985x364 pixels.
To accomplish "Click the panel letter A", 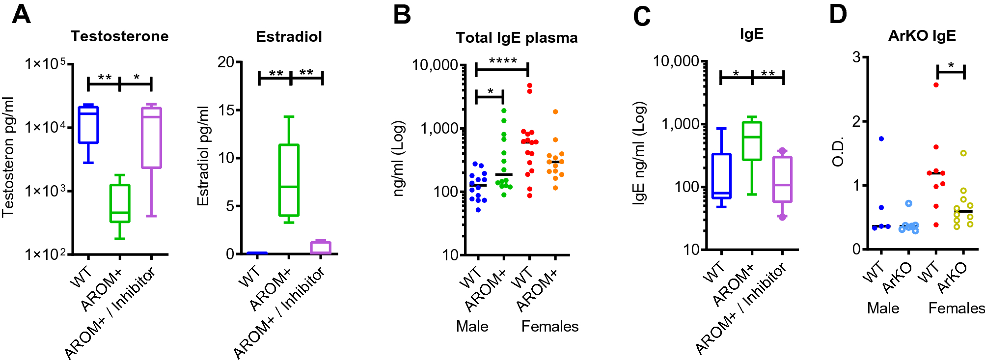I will (x=21, y=14).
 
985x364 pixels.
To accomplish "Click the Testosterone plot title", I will (x=119, y=36).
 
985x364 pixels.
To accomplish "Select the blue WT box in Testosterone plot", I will (x=88, y=125).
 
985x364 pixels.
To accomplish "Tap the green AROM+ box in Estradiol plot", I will (x=289, y=180).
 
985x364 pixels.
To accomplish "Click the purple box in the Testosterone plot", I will (x=151, y=138).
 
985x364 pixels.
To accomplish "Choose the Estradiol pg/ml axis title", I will (x=203, y=156).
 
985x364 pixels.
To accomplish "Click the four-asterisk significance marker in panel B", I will (x=502, y=61).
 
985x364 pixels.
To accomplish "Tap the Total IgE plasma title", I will (x=517, y=38).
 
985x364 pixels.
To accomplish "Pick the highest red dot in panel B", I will (x=530, y=86).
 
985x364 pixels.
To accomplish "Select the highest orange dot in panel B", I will (x=555, y=112).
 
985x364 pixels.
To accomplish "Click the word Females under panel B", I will (x=549, y=327).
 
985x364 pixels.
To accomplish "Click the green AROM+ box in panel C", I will (x=752, y=141).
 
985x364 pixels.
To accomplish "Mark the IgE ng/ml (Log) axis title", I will (x=639, y=153).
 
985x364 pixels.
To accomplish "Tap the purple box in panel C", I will (x=782, y=179).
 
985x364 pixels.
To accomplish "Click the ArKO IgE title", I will (x=922, y=36).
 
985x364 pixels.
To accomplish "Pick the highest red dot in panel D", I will (x=936, y=85).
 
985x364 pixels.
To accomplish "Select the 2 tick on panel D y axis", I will (x=856, y=121).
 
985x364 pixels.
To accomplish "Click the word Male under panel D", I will (x=883, y=308).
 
